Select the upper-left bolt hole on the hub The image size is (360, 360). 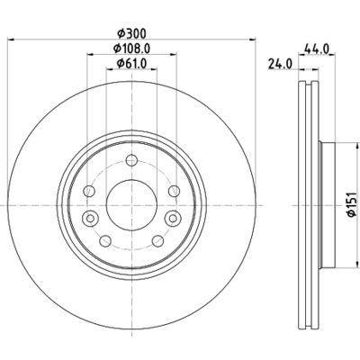point(91,191)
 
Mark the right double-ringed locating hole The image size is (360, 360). point(170,220)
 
